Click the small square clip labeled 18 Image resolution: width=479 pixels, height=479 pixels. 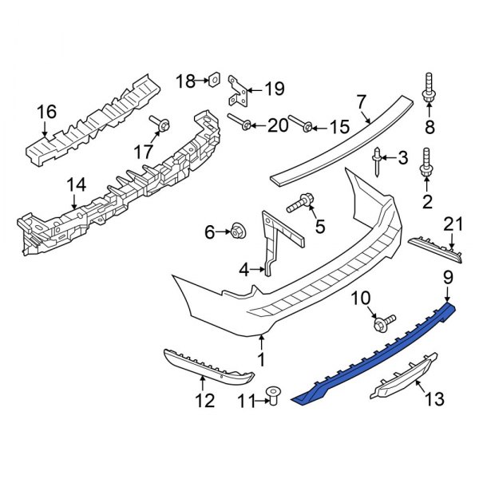(x=214, y=80)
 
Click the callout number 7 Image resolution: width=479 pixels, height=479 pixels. (x=361, y=102)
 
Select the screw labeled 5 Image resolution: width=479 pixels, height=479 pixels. (x=301, y=204)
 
